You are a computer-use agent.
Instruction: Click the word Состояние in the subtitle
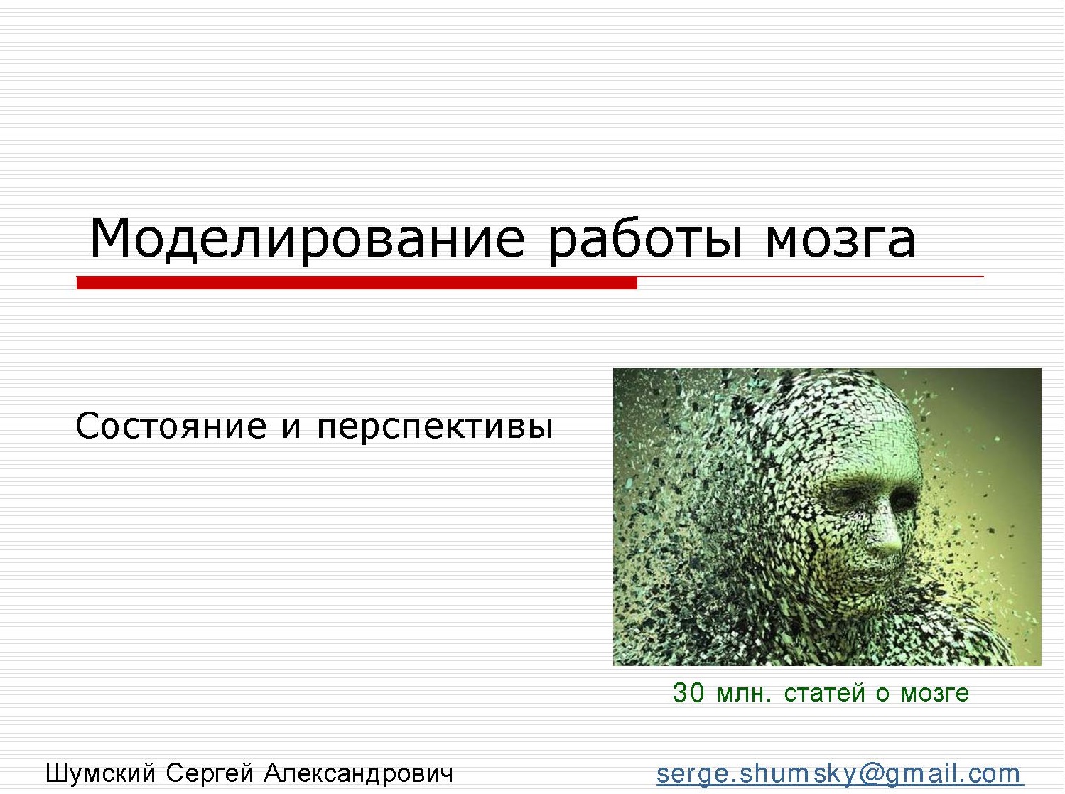tap(171, 426)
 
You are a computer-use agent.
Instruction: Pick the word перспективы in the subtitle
tap(435, 427)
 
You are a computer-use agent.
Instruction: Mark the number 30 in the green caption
tap(688, 692)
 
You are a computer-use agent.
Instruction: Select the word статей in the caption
tap(824, 692)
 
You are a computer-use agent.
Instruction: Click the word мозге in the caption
tap(935, 692)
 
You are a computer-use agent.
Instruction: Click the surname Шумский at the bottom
tap(100, 773)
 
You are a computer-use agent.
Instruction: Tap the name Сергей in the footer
tap(210, 773)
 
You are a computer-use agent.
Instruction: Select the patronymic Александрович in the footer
tap(358, 773)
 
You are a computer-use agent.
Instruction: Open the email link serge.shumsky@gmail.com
tap(838, 773)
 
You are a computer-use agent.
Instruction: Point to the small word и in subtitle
tap(291, 427)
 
